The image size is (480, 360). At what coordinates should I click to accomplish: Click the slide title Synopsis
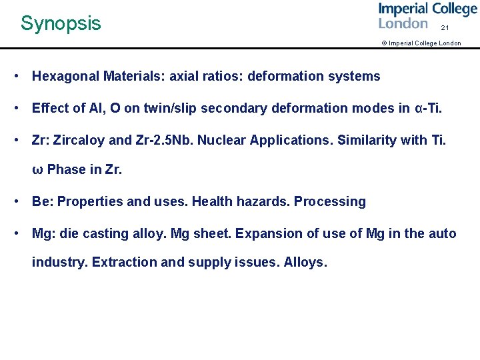(x=61, y=23)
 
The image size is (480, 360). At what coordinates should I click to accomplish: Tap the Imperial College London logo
(x=427, y=16)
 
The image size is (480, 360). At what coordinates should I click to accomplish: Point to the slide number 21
(x=445, y=28)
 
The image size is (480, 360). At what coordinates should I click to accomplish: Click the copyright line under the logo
(x=421, y=43)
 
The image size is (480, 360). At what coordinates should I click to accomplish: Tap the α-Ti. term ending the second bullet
(x=428, y=108)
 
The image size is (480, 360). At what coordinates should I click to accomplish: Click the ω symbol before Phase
(x=37, y=170)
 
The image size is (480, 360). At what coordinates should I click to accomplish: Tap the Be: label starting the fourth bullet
(x=42, y=201)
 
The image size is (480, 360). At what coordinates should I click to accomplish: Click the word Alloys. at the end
(x=305, y=262)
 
